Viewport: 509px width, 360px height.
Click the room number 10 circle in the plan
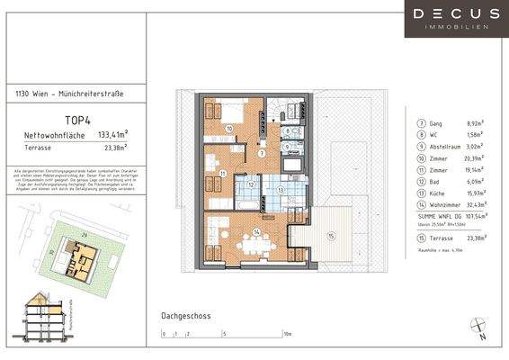229,130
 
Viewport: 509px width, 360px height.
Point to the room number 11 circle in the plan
221,171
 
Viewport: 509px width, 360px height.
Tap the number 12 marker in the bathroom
253,184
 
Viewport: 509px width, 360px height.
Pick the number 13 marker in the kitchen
281,190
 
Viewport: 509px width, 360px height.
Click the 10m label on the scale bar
287,333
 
